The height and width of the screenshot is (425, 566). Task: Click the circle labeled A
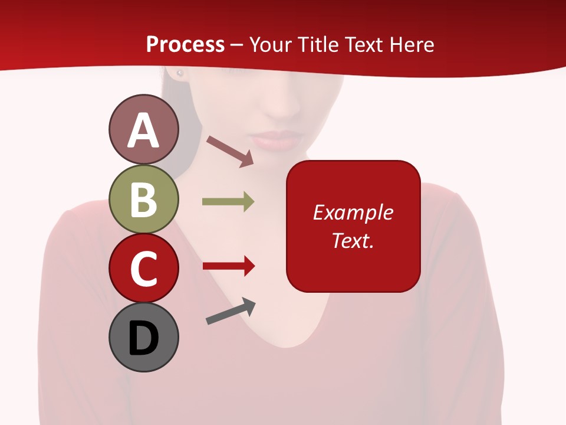click(x=143, y=129)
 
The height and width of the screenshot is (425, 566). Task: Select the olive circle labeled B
click(x=143, y=199)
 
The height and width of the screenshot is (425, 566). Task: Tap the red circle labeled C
click(x=143, y=269)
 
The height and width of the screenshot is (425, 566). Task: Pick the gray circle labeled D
click(x=143, y=338)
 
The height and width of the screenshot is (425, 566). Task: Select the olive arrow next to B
click(x=228, y=202)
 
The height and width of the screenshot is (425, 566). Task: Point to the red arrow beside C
click(x=228, y=266)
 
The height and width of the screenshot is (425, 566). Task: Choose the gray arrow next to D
click(x=231, y=311)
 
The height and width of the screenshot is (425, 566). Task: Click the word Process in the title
click(x=185, y=45)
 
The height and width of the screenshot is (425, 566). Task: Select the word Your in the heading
click(x=270, y=45)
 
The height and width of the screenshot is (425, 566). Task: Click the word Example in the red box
click(x=353, y=212)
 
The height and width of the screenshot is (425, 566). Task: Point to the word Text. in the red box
click(x=353, y=241)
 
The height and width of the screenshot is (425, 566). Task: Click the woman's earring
click(x=180, y=73)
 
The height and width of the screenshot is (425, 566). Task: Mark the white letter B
click(x=143, y=200)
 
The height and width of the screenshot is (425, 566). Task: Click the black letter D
click(x=143, y=338)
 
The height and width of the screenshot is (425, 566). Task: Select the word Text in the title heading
click(x=363, y=45)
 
